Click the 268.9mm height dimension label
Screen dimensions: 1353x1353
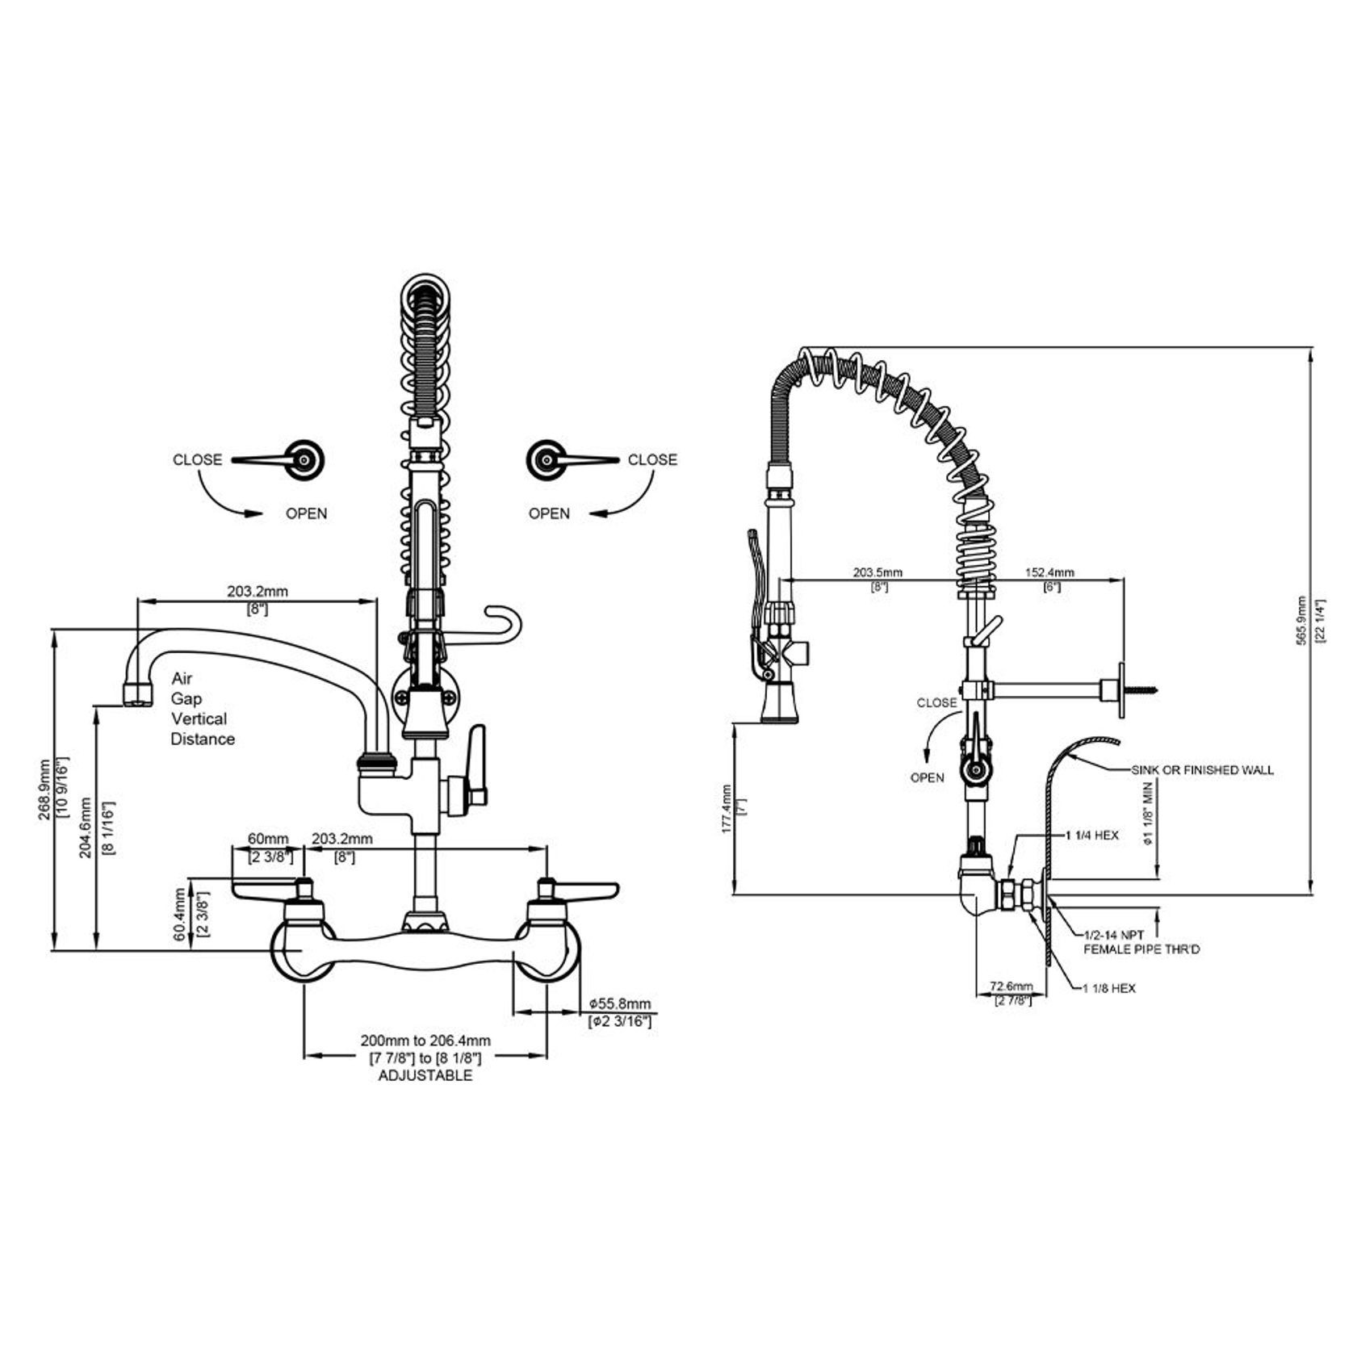(x=44, y=789)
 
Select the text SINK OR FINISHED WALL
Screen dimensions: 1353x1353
(x=1202, y=770)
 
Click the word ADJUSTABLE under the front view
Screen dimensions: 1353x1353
(x=425, y=1075)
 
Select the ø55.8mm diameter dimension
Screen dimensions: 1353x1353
(x=619, y=1003)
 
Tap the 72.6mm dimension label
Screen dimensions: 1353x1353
(x=1011, y=986)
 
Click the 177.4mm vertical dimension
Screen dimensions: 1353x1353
(x=727, y=808)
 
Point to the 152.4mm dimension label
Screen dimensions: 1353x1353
(x=1049, y=572)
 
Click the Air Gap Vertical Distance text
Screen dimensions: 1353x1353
(x=202, y=709)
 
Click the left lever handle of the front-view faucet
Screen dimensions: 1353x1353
(x=266, y=890)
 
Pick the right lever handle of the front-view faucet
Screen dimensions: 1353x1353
(x=584, y=890)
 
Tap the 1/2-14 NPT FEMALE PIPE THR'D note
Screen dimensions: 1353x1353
(x=1140, y=942)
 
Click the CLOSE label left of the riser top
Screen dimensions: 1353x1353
(x=197, y=459)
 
